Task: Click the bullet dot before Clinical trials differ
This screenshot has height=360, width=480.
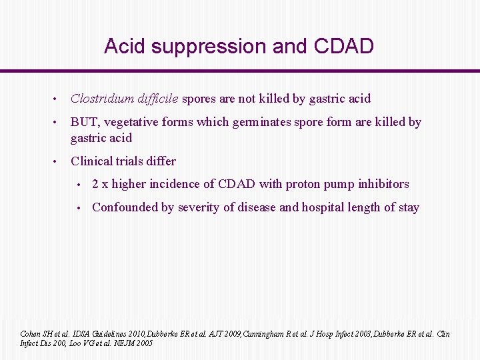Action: [57, 161]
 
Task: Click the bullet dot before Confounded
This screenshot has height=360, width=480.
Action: [79, 207]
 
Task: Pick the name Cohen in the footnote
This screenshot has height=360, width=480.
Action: [31, 334]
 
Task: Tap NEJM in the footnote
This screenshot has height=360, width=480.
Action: [126, 343]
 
